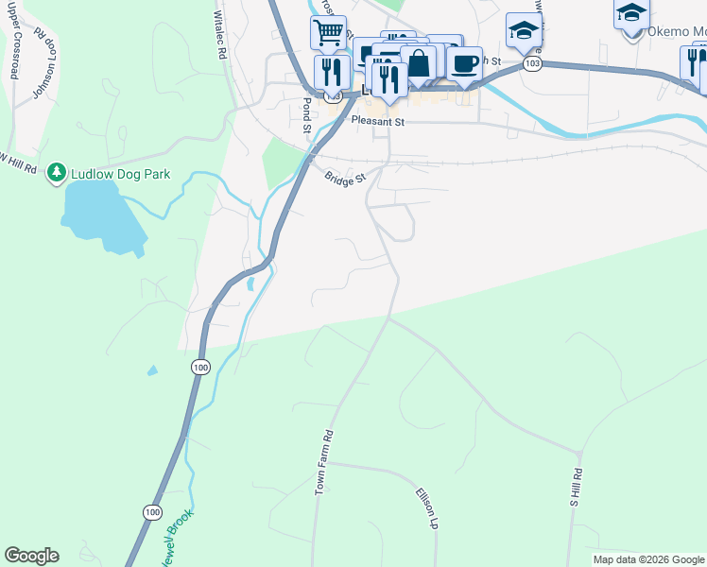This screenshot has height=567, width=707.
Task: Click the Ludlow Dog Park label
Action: point(112,171)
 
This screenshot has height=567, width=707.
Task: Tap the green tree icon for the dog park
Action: point(58,171)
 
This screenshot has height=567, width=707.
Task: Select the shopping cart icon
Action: point(328,33)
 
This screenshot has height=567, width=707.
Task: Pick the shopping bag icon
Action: point(418,63)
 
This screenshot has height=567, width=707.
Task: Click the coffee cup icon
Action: point(464,63)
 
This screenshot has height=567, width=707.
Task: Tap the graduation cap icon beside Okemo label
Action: point(630,13)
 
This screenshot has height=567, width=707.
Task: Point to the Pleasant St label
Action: point(377,122)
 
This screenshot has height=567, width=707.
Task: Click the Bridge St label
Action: point(344,178)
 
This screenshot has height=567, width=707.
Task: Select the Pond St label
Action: point(306,113)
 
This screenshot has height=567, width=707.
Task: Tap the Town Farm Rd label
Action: point(324,463)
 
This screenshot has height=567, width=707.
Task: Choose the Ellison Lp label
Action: point(427,508)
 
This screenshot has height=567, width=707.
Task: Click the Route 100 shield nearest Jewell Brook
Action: point(152,511)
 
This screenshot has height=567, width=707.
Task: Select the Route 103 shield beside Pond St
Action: point(332,96)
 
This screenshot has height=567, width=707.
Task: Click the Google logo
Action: point(31,556)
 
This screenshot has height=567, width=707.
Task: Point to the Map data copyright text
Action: point(648,559)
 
